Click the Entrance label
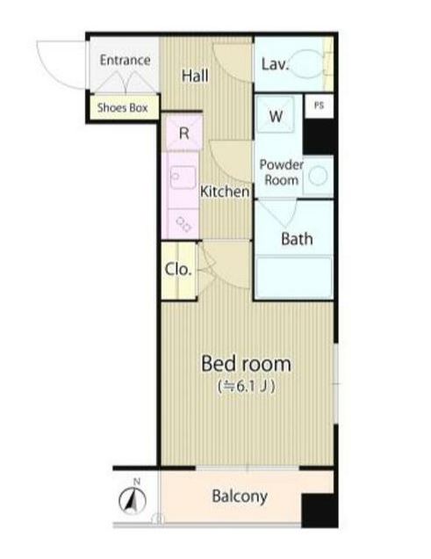tap(125, 60)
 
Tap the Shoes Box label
tap(122, 107)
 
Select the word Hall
tap(195, 76)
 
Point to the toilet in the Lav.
tap(305, 63)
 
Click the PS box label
tap(320, 105)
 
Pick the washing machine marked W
tap(275, 114)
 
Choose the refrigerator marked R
tap(183, 133)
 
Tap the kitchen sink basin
tap(183, 178)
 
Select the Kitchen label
tap(225, 192)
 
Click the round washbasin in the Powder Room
tap(318, 176)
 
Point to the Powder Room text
tap(281, 172)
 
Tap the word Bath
tap(297, 239)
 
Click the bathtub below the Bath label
tap(294, 277)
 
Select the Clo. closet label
tap(178, 270)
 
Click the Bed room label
tap(247, 364)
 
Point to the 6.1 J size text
tap(247, 387)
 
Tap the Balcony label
tap(240, 497)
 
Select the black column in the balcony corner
tap(320, 511)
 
